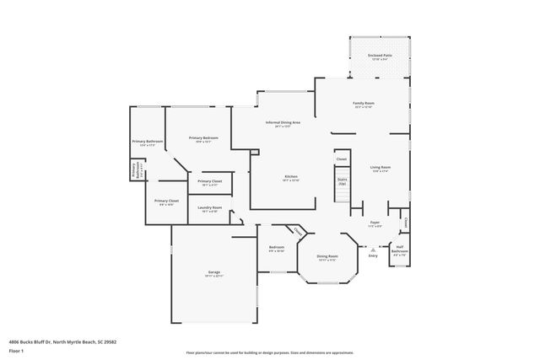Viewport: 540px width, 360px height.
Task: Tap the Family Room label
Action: (364, 105)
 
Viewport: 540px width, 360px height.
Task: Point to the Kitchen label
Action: (290, 178)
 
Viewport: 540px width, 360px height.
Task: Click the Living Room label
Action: (380, 169)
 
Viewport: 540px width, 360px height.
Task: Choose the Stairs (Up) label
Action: (343, 180)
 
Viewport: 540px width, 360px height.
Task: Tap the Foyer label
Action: (375, 224)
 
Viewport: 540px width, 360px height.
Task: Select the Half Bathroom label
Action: (400, 249)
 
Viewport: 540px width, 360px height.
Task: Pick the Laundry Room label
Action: (210, 209)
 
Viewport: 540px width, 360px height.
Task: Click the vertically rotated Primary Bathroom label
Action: (133, 171)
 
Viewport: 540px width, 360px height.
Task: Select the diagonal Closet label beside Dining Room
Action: (298, 232)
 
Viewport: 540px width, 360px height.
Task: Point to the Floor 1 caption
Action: (16, 350)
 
